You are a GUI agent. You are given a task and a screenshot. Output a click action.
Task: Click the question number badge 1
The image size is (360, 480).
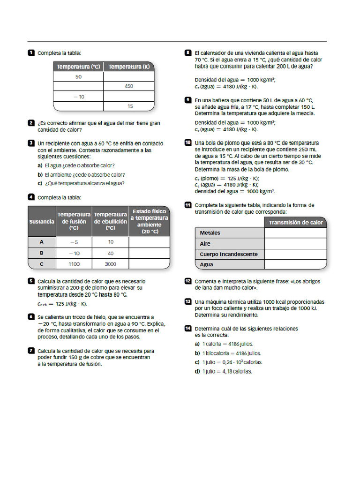coord(31,53)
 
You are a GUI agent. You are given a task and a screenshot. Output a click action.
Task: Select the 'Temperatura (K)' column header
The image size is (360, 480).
coord(129,67)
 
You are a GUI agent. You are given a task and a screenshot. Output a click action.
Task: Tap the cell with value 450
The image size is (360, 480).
coord(129,86)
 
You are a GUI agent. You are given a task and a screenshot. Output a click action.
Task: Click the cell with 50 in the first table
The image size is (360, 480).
coord(78,77)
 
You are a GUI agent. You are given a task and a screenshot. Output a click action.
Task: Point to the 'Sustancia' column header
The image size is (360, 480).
coord(42,221)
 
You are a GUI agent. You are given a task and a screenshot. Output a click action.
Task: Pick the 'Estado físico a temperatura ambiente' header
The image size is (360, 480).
coord(149,221)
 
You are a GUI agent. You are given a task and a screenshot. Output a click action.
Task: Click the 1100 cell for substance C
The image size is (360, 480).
coord(74,264)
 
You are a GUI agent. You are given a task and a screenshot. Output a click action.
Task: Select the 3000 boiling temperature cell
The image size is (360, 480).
coord(111,264)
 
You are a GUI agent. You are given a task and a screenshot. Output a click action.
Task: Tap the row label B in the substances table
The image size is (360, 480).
coord(42,253)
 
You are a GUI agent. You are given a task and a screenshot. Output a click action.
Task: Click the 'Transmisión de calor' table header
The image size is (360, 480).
coord(296,223)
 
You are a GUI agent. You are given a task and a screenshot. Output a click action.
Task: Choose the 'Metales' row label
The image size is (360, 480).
coord(210,233)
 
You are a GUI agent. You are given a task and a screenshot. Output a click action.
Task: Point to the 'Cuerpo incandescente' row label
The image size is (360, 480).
coord(229,254)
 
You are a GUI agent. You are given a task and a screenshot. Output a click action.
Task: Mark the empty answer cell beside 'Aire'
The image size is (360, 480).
coord(296,244)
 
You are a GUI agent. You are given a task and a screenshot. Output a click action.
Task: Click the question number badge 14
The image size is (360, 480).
coord(188,329)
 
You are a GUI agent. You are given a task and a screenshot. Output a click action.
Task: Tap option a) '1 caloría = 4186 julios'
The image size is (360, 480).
coord(224,344)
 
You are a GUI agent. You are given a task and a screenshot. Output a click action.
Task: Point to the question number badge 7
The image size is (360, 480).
coord(31,350)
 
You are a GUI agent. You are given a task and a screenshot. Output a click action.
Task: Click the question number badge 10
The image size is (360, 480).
coord(188,142)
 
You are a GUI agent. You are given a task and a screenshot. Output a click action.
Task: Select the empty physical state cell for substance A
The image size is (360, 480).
coord(149,242)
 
